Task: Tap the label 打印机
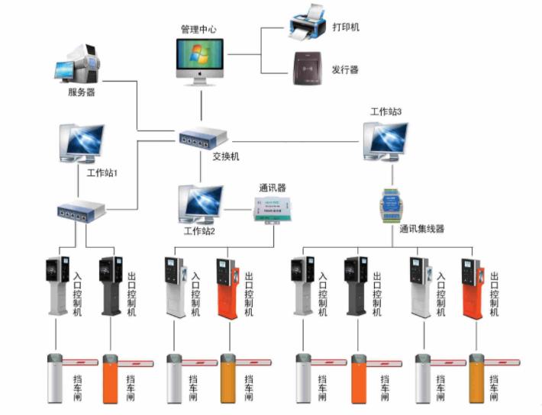coord(345,27)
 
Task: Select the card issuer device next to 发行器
coord(307,67)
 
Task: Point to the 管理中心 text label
coord(198,29)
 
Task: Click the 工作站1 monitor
coord(82,143)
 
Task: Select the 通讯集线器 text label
coord(421,228)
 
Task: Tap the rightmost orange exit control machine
coord(471,288)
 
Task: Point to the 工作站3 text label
coord(386,111)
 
